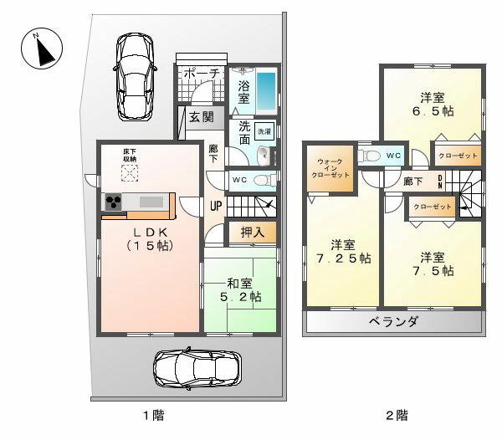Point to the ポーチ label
201,74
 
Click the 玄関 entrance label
200,117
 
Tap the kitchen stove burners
113,203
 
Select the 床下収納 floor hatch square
130,173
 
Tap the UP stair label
216,206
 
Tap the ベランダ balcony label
392,322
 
